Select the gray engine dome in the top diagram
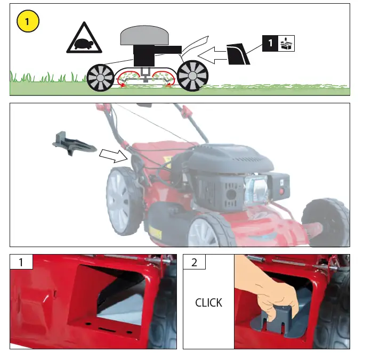tap(145, 36)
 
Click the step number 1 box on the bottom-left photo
tap(21, 262)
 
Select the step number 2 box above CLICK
tap(194, 262)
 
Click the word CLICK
tap(208, 302)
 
